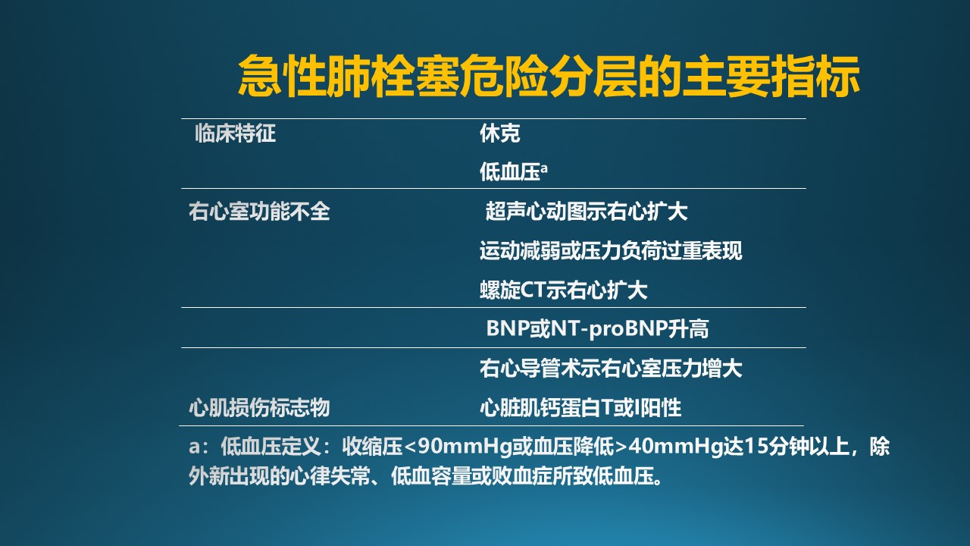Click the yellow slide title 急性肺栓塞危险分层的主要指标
[549, 76]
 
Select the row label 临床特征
[235, 133]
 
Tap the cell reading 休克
[499, 133]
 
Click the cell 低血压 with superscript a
[514, 171]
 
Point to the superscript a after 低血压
[544, 168]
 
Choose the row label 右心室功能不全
[259, 212]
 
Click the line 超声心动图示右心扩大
[587, 212]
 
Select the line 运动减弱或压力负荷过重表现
[611, 251]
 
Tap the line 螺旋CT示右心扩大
[563, 290]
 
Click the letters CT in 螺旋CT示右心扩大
[533, 290]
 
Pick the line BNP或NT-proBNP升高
[598, 328]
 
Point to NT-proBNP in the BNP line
[609, 328]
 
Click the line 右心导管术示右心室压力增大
[611, 369]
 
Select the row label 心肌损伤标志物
[259, 408]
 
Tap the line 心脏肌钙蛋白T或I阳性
[580, 408]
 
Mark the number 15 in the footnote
[756, 447]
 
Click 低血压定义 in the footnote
[271, 447]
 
